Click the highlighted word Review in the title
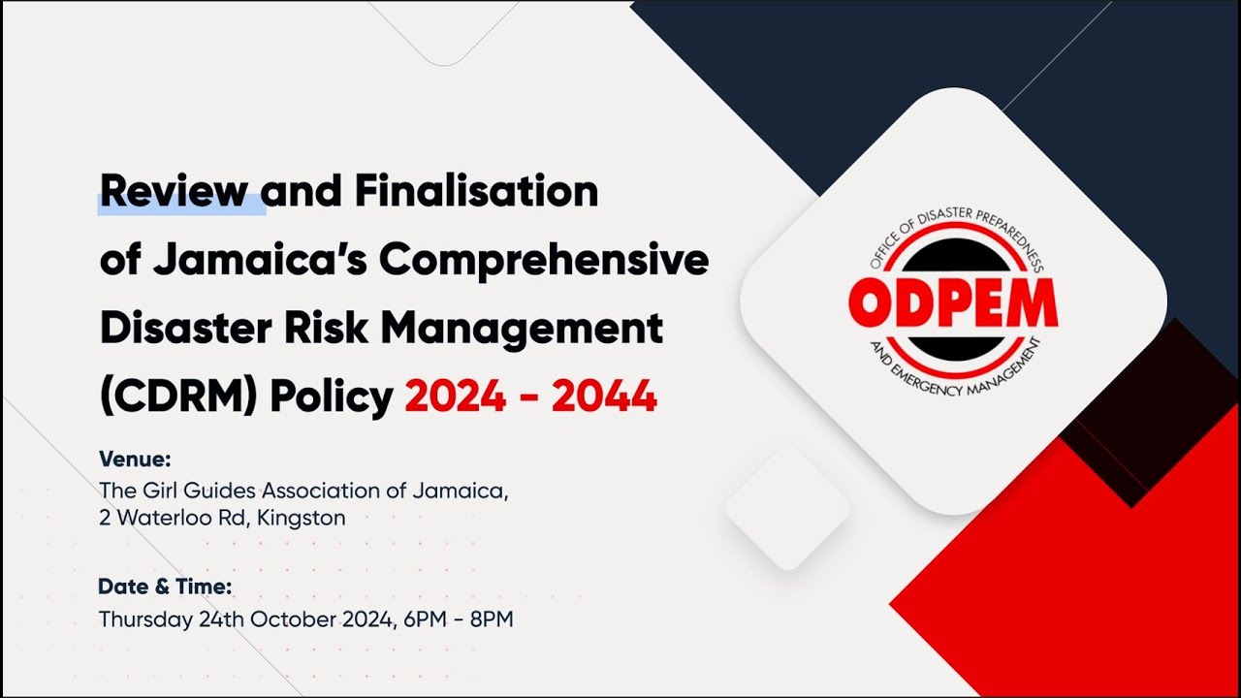click(174, 192)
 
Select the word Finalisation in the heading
click(474, 192)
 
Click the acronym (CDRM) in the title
click(177, 397)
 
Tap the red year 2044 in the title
click(604, 397)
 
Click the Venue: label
click(135, 459)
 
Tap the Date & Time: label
click(165, 587)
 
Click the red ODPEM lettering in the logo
click(952, 303)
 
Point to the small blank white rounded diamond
click(787, 508)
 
